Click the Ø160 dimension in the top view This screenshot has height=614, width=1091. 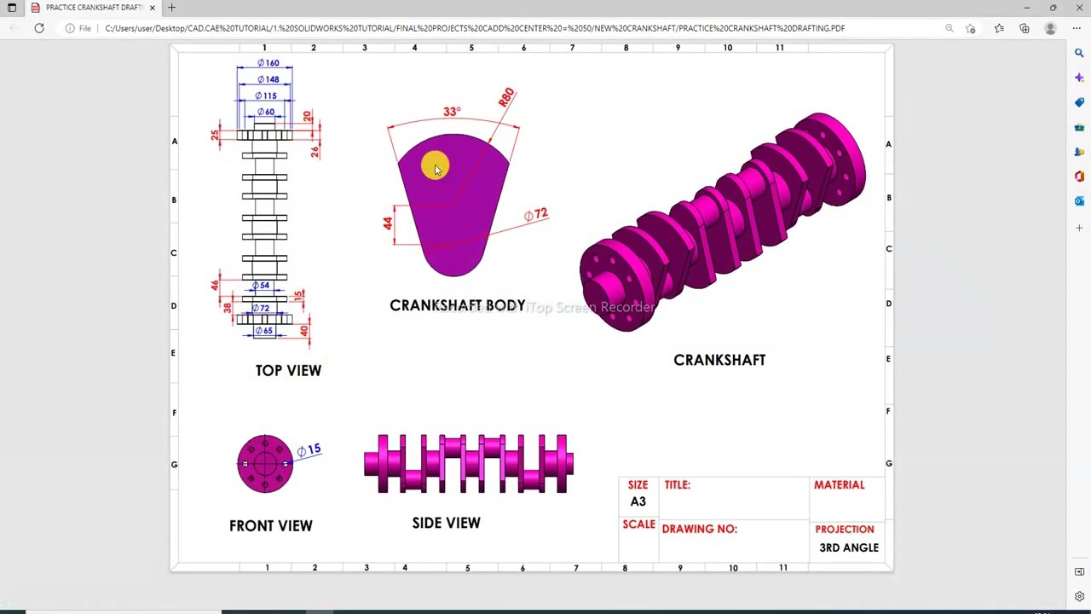point(268,63)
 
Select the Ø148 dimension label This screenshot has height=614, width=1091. point(268,79)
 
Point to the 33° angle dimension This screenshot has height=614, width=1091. point(452,112)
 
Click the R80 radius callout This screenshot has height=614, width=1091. point(506,96)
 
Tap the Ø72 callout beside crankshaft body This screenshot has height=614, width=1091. point(536,214)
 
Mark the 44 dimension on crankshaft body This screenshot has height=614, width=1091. point(388,223)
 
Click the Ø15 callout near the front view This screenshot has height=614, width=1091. point(309,449)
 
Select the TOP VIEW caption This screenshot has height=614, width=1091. point(288,370)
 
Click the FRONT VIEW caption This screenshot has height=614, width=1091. point(270,525)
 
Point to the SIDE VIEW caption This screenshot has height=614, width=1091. point(446,523)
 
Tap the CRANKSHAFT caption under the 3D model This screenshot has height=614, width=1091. point(719,360)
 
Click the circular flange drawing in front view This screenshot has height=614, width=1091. point(265,464)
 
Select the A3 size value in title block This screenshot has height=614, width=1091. point(638,501)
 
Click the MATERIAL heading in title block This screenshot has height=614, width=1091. point(839,484)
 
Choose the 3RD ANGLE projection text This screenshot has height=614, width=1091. point(848,547)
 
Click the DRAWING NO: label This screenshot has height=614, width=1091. point(699,529)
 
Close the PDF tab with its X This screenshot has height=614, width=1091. point(152,8)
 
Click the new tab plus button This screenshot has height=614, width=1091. point(171,8)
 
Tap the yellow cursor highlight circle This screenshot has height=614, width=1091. point(434,166)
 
